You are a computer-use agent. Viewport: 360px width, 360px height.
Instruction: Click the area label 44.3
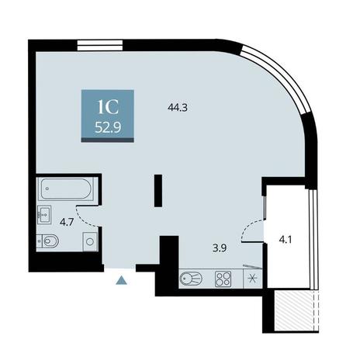click(x=178, y=107)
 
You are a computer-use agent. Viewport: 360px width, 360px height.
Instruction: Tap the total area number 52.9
click(x=108, y=127)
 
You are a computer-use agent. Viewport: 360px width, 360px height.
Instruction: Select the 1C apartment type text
click(x=108, y=108)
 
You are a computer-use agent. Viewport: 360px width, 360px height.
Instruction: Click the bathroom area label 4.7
click(x=67, y=222)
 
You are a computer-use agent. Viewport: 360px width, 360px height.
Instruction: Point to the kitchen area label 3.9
click(x=220, y=248)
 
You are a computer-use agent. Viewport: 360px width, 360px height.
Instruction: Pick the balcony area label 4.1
click(x=286, y=241)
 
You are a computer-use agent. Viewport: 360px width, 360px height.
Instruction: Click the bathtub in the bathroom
click(x=66, y=189)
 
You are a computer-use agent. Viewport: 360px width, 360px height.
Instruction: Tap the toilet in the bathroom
click(x=48, y=241)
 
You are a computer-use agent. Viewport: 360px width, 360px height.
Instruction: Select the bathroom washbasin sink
click(x=44, y=215)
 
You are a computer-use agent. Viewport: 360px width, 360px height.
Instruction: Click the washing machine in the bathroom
click(x=90, y=241)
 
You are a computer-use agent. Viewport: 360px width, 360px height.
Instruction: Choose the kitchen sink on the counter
click(x=191, y=279)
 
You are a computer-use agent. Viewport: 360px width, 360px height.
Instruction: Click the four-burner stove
click(x=223, y=279)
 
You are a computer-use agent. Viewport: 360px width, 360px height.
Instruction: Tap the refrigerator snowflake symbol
click(x=251, y=279)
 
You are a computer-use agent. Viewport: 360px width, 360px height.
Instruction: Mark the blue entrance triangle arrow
click(x=121, y=280)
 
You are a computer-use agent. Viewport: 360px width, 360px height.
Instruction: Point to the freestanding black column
click(x=158, y=191)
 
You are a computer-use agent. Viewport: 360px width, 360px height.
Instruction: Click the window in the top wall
click(x=100, y=46)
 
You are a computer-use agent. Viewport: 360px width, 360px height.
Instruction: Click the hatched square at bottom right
click(x=294, y=310)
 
